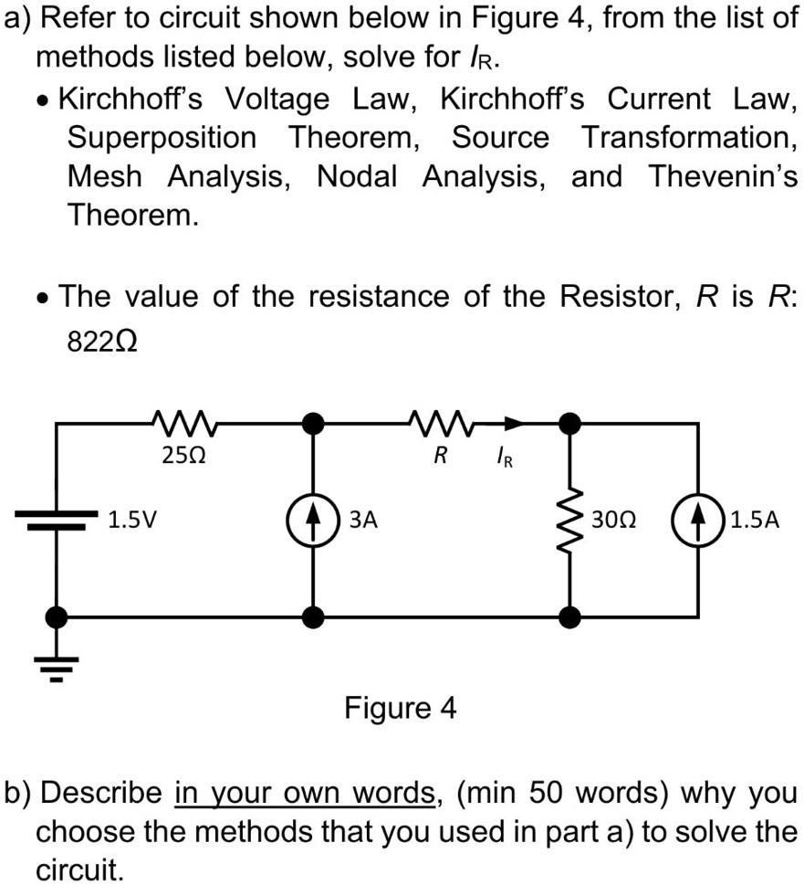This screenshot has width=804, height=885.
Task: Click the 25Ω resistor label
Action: click(176, 455)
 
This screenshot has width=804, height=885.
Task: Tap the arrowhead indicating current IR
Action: click(517, 423)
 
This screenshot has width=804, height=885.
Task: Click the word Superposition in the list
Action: click(162, 138)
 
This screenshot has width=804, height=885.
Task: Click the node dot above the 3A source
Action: click(314, 423)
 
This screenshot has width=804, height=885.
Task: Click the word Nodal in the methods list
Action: click(357, 176)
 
